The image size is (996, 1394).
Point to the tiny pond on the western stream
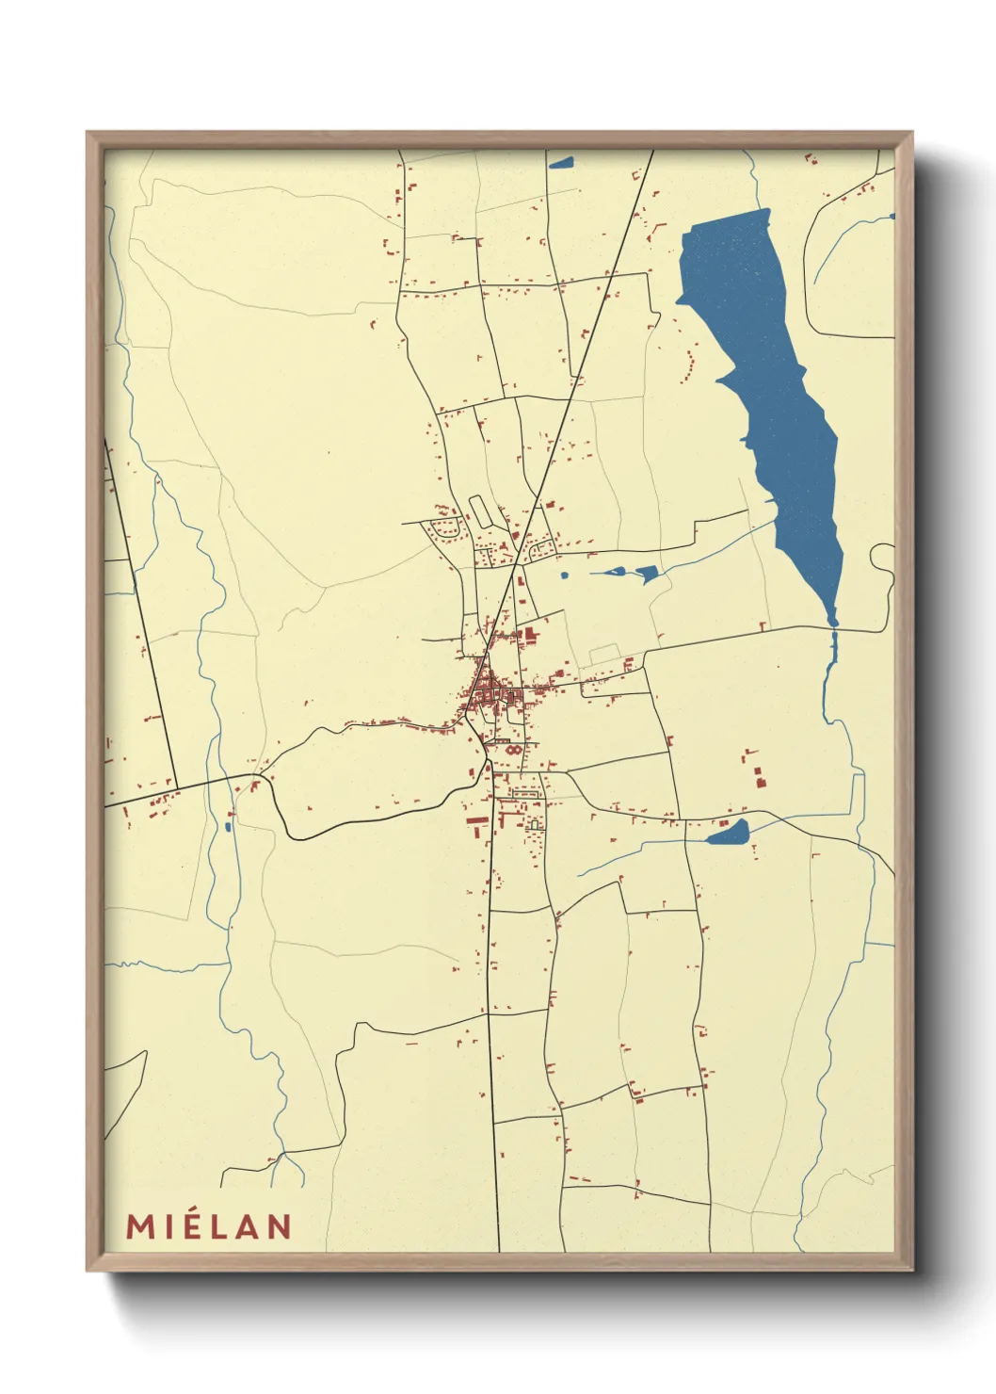coord(228,827)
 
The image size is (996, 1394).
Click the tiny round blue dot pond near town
coord(565,575)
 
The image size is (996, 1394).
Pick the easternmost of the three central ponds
coord(648,574)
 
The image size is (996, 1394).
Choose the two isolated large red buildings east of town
coord(758,777)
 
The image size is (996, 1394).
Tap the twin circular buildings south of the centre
coord(513,751)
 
